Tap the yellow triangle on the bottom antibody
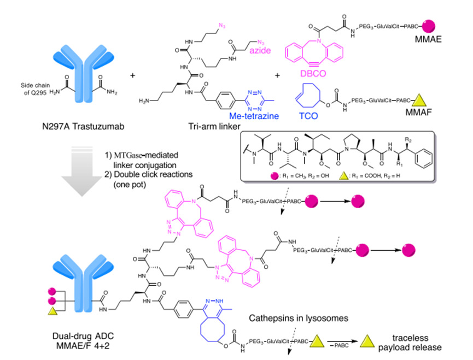click(53, 311)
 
